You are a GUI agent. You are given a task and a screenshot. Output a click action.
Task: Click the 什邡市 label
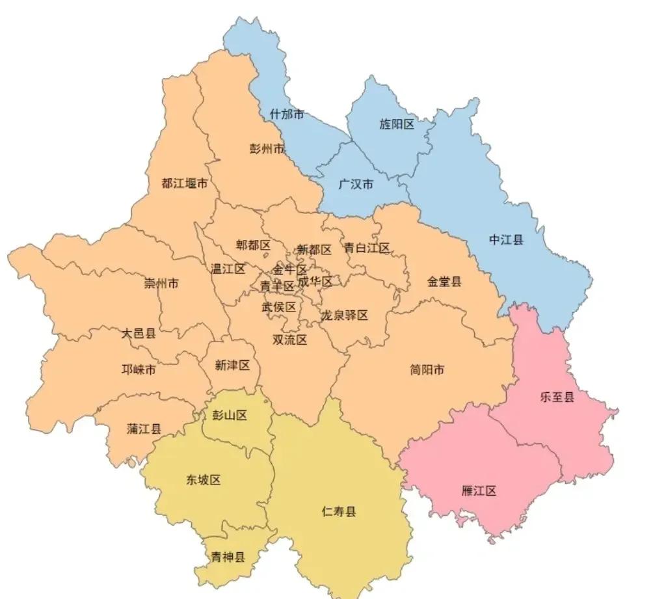tap(287, 114)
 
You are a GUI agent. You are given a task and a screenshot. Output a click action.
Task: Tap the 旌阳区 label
tap(397, 124)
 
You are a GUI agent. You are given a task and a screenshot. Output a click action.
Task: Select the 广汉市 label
tap(356, 184)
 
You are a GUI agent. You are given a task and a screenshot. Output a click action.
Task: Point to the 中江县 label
tap(506, 240)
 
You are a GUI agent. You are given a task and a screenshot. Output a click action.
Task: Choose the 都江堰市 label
tap(185, 183)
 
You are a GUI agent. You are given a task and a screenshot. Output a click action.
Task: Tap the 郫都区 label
tap(253, 245)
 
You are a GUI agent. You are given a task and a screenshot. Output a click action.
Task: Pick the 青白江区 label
tap(367, 248)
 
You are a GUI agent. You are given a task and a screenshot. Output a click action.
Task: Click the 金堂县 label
tap(444, 282)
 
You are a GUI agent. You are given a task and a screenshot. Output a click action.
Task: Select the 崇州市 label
tap(162, 284)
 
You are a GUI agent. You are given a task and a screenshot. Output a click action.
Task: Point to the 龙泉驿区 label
tap(344, 315)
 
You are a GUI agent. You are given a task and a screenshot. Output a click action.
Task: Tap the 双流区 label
tap(289, 339)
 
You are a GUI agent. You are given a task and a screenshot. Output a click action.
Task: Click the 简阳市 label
tap(427, 370)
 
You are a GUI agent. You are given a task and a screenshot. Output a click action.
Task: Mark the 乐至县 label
tap(557, 397)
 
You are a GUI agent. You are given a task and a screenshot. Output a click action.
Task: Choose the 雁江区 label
tap(479, 490)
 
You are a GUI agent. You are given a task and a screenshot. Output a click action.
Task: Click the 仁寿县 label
tap(339, 511)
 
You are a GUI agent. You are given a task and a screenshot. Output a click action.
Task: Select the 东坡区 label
tap(204, 480)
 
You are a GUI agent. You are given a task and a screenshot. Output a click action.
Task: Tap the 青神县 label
tap(228, 557)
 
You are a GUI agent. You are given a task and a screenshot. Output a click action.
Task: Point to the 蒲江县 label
tap(144, 429)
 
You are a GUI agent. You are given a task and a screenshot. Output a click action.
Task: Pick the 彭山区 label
tap(230, 416)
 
